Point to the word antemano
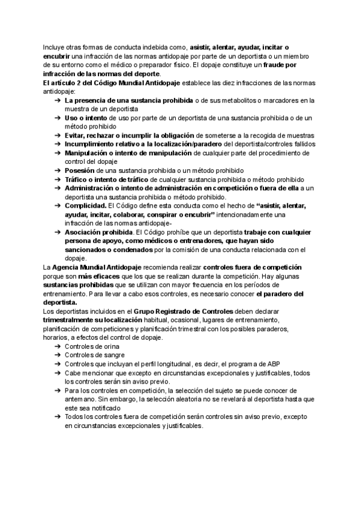click(81, 399)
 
